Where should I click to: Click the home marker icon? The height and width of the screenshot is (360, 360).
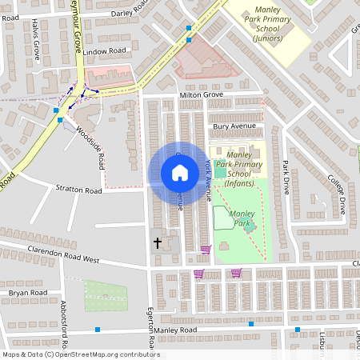pos(179,173)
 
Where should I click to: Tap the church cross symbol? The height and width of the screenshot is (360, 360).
pos(157,242)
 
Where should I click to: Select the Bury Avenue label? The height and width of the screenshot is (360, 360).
pos(234,126)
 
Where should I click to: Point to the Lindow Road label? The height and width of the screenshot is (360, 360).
pos(105,51)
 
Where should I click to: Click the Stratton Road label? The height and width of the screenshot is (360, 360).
pos(79,190)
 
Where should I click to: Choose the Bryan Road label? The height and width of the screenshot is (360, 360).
pos(29,294)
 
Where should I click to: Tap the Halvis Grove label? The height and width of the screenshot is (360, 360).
pos(36,40)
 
